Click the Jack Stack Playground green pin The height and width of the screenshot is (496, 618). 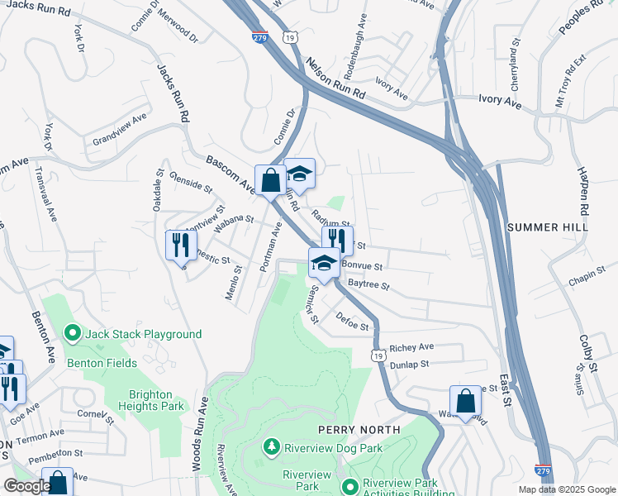72,334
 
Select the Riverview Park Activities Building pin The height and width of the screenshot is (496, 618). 351,485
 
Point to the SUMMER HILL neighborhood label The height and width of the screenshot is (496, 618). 547,227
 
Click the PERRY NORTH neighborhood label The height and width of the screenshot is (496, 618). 359,430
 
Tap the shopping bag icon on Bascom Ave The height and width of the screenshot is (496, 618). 270,179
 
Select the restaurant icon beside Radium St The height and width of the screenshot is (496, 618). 337,240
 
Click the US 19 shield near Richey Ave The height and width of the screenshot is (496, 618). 378,355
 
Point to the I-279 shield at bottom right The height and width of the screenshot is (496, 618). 542,469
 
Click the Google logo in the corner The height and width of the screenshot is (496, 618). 26,486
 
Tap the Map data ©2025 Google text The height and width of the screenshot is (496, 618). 566,489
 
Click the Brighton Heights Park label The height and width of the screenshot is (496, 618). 155,400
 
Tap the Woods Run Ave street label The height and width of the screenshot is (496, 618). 201,434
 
